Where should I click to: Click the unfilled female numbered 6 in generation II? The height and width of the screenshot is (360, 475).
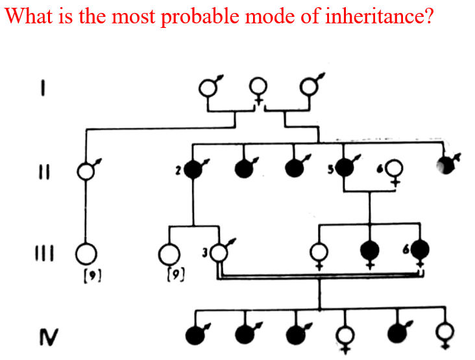tap(393, 170)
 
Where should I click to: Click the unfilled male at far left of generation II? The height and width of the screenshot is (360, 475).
tap(85, 172)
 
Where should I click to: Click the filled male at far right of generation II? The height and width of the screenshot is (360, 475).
tap(446, 165)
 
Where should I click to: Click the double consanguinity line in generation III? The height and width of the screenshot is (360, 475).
tap(318, 277)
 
